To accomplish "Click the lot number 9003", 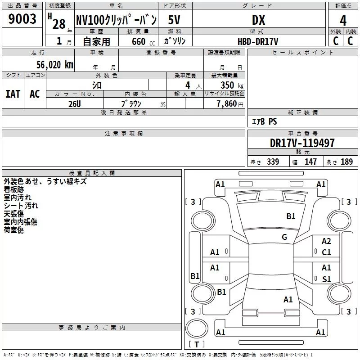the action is pyautogui.click(x=22, y=19).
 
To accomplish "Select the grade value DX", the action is pyautogui.click(x=258, y=20).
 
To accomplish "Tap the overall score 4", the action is pyautogui.click(x=343, y=21).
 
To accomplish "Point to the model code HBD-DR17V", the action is pyautogui.click(x=258, y=41).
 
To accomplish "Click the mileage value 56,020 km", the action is pyautogui.click(x=55, y=65).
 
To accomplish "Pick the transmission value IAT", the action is pyautogui.click(x=13, y=94).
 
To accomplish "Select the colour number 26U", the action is pyautogui.click(x=75, y=104).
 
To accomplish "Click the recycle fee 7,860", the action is pyautogui.click(x=227, y=104).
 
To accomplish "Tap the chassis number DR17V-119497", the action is pyautogui.click(x=302, y=143).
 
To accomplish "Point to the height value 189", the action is pyautogui.click(x=346, y=162).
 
